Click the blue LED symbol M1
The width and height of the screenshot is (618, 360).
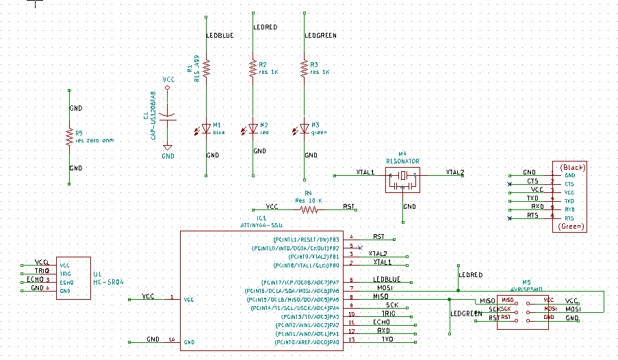tap(206, 129)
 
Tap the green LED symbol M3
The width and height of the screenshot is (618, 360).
tap(304, 129)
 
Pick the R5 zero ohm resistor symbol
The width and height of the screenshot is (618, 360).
tap(69, 137)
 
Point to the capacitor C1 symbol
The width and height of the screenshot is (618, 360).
tap(168, 116)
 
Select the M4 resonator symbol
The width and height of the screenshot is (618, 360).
tap(402, 177)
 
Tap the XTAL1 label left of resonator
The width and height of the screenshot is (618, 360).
tap(365, 172)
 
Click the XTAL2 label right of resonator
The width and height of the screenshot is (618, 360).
tap(454, 172)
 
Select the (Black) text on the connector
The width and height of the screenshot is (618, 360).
tap(572, 167)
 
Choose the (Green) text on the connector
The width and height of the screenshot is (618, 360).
tap(572, 226)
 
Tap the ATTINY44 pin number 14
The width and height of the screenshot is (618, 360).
tap(171, 339)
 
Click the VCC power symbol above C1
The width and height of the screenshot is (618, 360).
tap(168, 81)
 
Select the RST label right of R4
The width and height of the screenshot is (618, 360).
tap(348, 206)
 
